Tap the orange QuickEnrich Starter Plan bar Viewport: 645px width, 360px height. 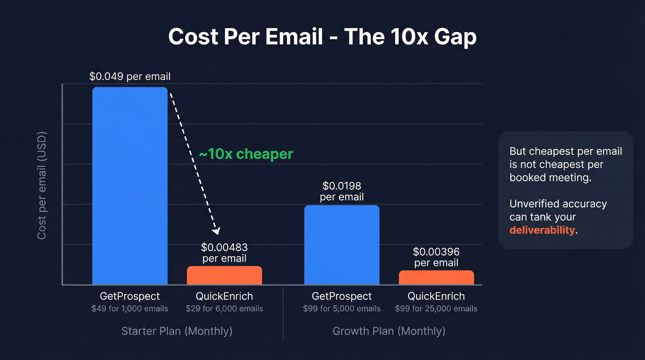click(x=224, y=275)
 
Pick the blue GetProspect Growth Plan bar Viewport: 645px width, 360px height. click(x=342, y=245)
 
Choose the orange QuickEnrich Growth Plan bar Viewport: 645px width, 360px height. click(x=436, y=277)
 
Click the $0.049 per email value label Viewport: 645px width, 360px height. click(x=130, y=77)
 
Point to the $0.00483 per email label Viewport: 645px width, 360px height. click(x=224, y=253)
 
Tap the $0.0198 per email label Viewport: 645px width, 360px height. click(x=342, y=191)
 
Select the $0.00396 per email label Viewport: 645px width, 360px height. click(x=436, y=257)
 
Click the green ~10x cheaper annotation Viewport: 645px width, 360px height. click(x=246, y=154)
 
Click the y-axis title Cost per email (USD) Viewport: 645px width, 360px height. click(x=42, y=184)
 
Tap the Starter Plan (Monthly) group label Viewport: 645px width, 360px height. click(x=177, y=331)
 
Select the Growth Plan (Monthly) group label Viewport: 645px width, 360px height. click(x=389, y=331)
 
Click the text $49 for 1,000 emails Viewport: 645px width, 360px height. click(x=130, y=308)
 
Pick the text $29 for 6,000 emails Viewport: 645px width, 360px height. click(x=224, y=308)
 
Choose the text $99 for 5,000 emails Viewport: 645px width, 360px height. click(x=342, y=308)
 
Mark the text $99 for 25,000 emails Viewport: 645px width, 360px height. click(x=436, y=308)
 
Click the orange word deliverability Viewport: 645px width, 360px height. click(x=542, y=230)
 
